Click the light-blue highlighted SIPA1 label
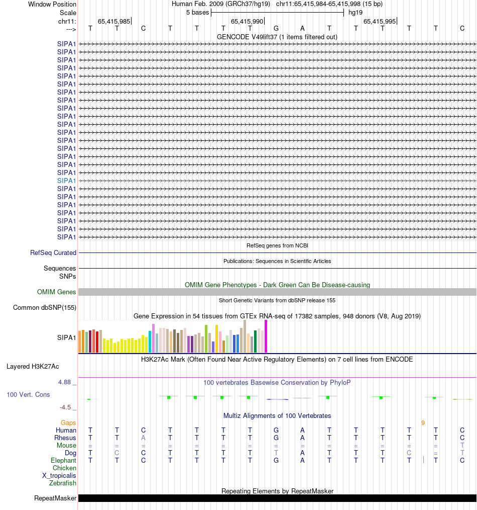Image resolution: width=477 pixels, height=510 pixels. click(67, 181)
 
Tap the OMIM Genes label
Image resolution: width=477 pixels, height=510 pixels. click(57, 292)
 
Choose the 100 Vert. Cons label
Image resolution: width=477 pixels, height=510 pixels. click(28, 395)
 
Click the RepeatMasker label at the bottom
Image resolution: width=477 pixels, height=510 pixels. click(55, 498)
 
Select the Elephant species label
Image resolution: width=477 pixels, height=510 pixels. click(64, 461)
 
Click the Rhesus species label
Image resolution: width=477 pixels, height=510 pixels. click(65, 438)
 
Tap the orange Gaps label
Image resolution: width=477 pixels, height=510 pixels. click(69, 423)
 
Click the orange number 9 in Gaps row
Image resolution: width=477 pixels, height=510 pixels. click(423, 423)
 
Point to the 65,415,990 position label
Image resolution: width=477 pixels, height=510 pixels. click(247, 22)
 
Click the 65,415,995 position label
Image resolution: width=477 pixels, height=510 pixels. click(379, 22)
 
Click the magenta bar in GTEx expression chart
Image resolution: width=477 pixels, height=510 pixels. click(266, 336)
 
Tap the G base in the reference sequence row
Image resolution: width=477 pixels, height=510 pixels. click(276, 28)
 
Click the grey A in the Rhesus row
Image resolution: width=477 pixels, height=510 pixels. click(144, 438)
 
